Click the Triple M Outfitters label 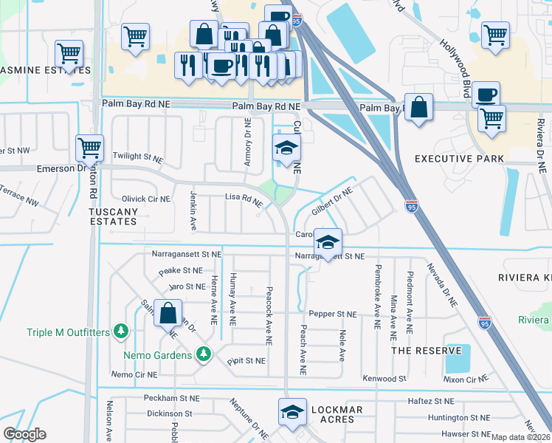(x=68, y=333)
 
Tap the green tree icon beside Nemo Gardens (x=208, y=354)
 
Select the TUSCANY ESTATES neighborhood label (x=112, y=216)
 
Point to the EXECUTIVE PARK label (x=459, y=159)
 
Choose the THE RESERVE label (x=427, y=350)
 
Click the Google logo (x=25, y=433)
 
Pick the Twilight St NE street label (x=138, y=157)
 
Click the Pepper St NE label (x=332, y=314)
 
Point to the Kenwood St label (x=384, y=378)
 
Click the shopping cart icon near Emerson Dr (x=90, y=148)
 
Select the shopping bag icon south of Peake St (x=169, y=313)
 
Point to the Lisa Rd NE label (x=244, y=199)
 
